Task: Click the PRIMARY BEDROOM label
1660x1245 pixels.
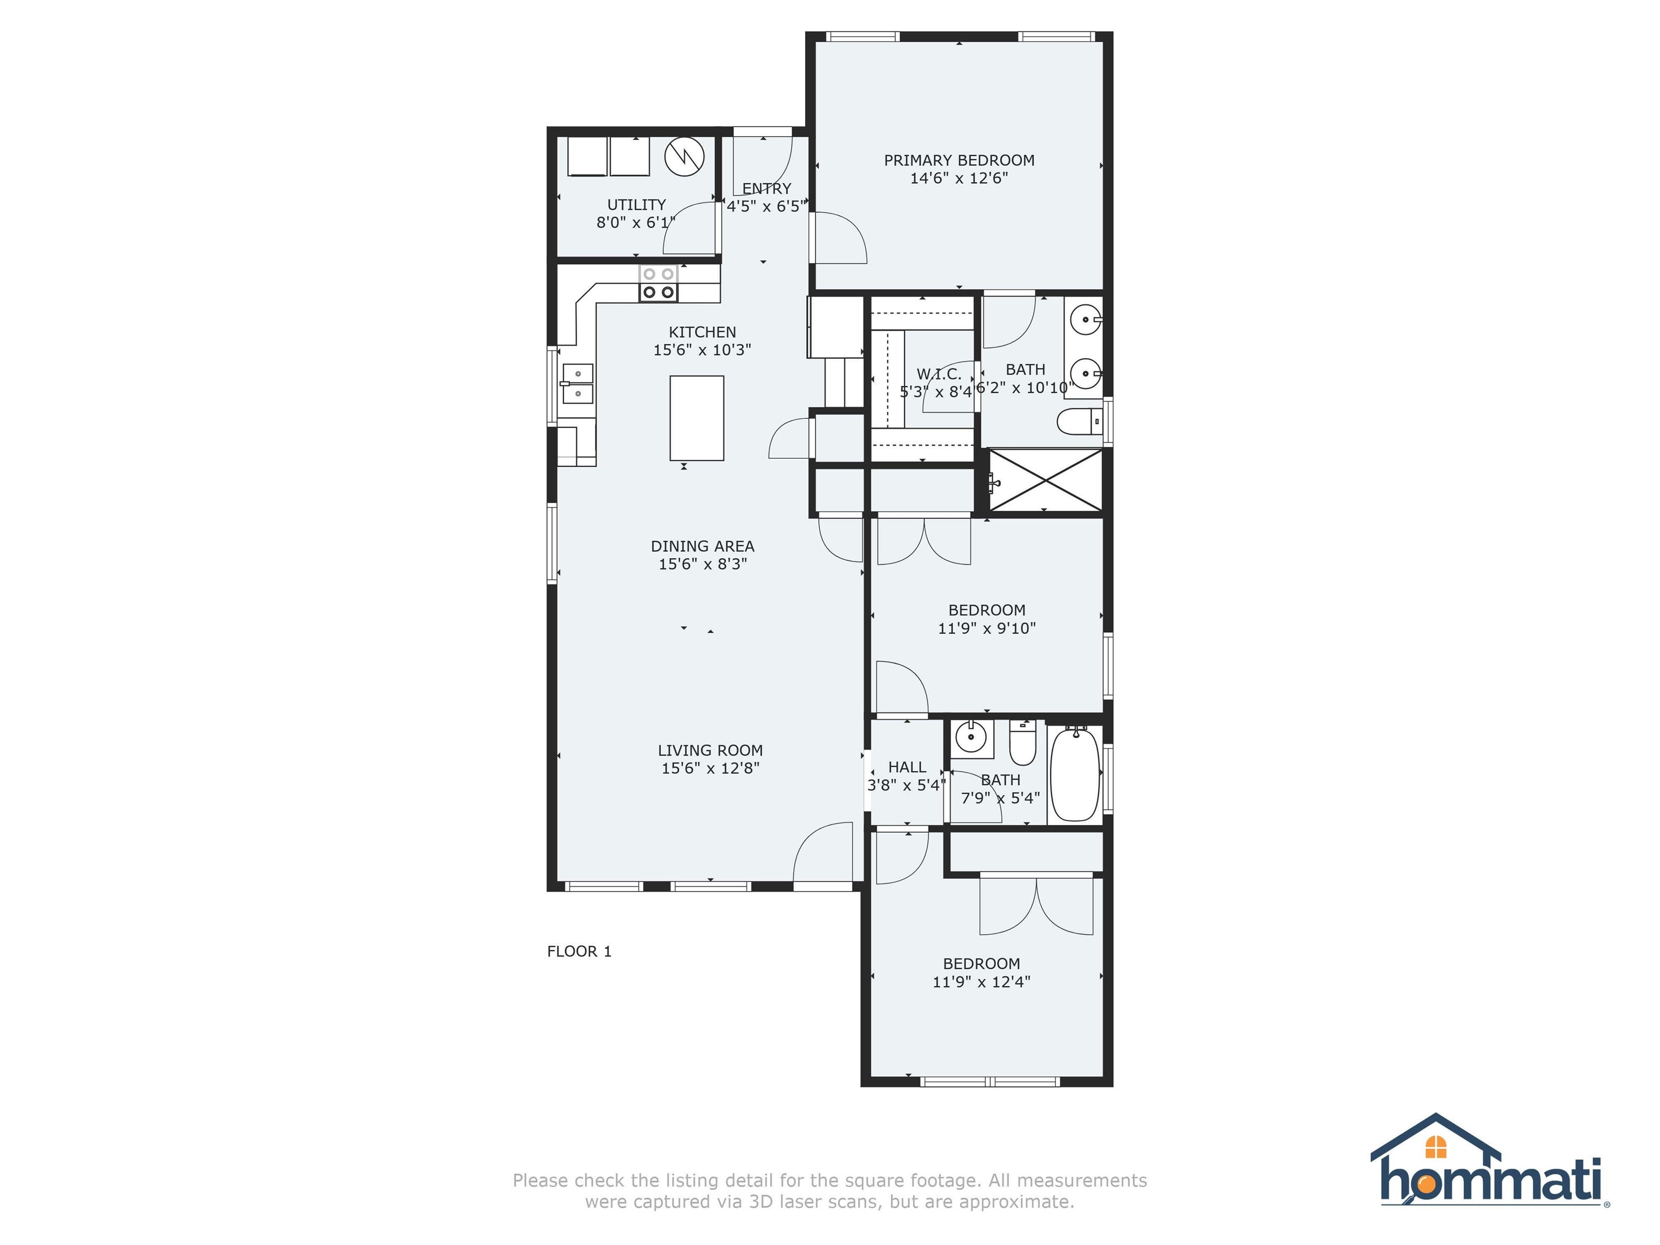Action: [959, 160]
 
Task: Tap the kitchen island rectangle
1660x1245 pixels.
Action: [697, 418]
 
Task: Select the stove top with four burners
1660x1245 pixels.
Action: [658, 284]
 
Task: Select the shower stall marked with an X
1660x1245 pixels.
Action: [1046, 480]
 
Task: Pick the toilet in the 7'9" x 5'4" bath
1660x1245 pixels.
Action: [1022, 741]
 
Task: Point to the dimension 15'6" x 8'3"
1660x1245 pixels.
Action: [702, 564]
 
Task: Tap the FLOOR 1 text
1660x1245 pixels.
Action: [579, 951]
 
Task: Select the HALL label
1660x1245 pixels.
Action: [907, 767]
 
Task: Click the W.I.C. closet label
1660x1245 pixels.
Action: [939, 374]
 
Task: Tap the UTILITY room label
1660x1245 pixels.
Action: [637, 204]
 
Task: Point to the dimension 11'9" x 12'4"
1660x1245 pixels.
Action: [982, 982]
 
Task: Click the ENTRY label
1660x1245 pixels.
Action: [767, 189]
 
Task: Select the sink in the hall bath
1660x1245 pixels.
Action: [972, 738]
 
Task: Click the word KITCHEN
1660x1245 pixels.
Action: [702, 332]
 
